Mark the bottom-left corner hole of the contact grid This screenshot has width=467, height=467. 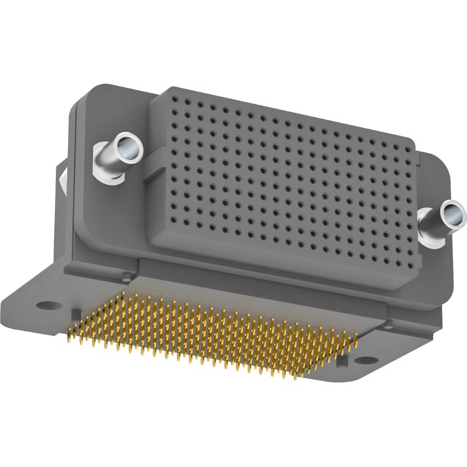pyautogui.click(x=162, y=217)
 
